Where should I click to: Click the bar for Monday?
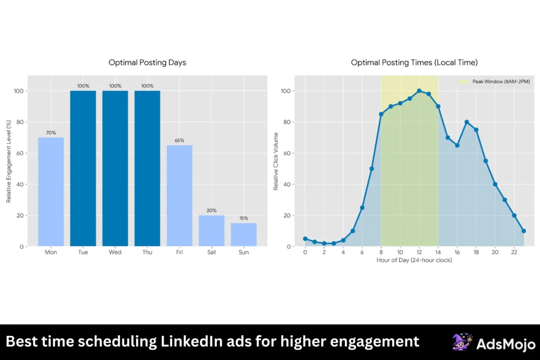[x=51, y=192]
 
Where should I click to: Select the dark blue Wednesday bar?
[x=115, y=168]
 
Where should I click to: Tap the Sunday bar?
[x=244, y=235]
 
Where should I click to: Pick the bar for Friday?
[x=179, y=196]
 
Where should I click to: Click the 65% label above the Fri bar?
[x=179, y=141]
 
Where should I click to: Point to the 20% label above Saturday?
[x=211, y=210]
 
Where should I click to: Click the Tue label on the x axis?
[x=83, y=252]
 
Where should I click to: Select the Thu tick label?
[x=147, y=252]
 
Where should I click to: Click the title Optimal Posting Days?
[x=147, y=63]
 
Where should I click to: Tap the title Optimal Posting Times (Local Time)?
[x=414, y=63]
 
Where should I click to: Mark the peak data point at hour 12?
[x=419, y=91]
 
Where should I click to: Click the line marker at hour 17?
[x=467, y=122]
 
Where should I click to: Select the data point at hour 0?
[x=305, y=239]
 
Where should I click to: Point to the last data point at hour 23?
[x=524, y=231]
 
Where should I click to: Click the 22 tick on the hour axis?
[x=514, y=252]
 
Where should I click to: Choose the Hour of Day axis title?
[x=414, y=260]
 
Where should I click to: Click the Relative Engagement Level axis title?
[x=8, y=161]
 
